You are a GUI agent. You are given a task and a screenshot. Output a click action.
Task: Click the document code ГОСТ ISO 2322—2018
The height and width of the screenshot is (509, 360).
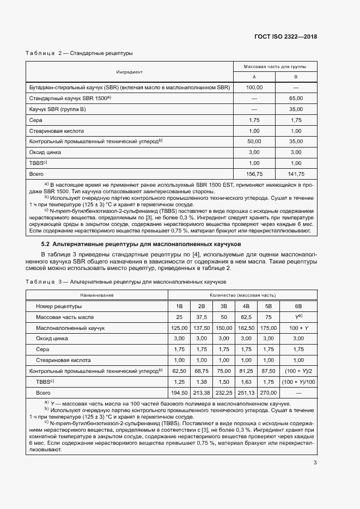click(285, 37)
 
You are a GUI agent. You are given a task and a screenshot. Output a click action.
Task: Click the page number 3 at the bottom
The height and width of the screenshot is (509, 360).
click(315, 463)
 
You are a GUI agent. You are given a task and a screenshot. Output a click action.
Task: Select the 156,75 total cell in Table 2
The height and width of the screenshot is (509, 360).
click(254, 174)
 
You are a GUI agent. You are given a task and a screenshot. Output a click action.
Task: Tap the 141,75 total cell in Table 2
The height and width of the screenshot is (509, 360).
click(296, 174)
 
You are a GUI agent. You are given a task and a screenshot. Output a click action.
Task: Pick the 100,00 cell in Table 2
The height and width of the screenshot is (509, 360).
click(254, 87)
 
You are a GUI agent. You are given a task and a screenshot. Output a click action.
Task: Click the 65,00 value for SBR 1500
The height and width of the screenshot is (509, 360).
click(296, 98)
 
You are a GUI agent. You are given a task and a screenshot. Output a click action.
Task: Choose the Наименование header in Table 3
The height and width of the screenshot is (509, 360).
click(97, 295)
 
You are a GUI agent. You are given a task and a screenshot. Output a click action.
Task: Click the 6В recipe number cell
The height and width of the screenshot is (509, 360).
click(298, 306)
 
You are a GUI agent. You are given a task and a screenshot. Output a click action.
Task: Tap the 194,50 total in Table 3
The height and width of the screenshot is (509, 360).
click(179, 392)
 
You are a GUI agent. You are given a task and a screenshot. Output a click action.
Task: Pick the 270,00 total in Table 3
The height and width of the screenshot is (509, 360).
click(268, 392)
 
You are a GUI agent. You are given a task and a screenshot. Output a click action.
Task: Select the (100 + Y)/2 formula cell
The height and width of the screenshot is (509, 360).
click(298, 371)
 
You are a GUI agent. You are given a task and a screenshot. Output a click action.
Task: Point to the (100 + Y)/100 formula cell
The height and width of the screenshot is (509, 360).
click(298, 382)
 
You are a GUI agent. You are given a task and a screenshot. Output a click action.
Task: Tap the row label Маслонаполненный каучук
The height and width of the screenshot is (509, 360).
click(70, 328)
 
